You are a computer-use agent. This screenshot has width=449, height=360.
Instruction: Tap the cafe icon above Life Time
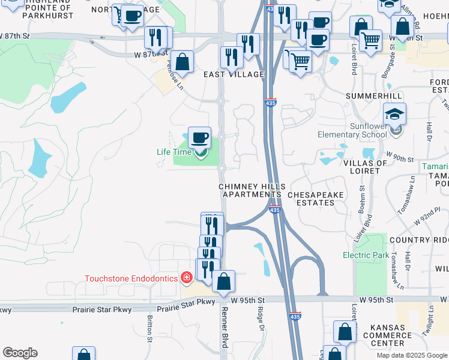199,137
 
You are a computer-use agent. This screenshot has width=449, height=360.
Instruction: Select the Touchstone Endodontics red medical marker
187,278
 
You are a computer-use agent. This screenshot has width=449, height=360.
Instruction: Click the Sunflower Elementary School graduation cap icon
395,113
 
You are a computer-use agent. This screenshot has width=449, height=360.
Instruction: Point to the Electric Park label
366,255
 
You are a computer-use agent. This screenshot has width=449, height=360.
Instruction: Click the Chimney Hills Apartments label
252,191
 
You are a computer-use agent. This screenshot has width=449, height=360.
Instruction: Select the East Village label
234,74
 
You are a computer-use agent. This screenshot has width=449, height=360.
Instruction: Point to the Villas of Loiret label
361,167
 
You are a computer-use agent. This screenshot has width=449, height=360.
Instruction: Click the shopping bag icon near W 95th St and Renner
223,281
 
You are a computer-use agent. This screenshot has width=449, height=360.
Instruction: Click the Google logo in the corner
20,353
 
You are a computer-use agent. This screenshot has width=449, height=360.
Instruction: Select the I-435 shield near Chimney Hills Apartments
274,209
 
